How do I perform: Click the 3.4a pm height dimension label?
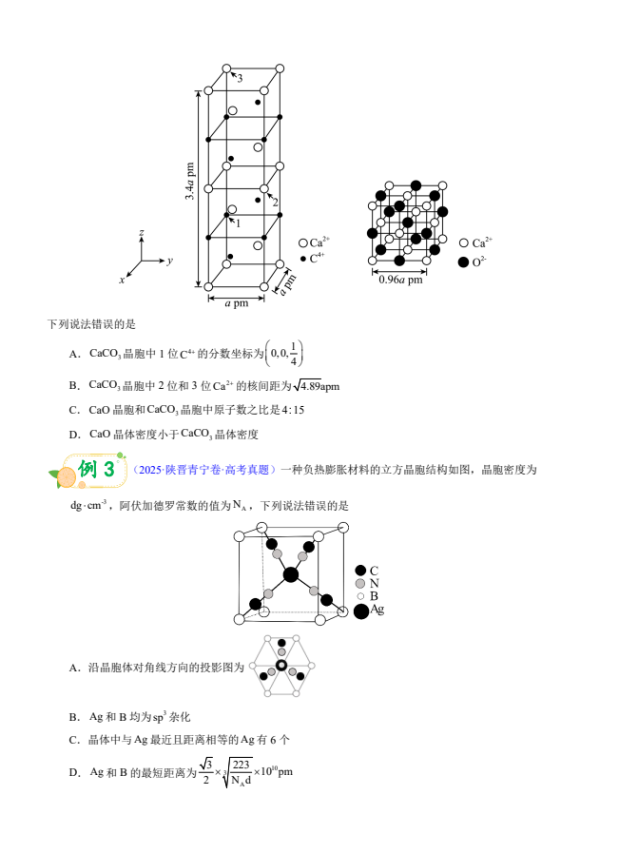pyautogui.click(x=190, y=181)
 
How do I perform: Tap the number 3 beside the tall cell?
pyautogui.click(x=240, y=78)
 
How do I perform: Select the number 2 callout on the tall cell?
pyautogui.click(x=276, y=202)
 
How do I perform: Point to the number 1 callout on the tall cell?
pyautogui.click(x=237, y=223)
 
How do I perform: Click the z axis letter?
pyautogui.click(x=141, y=232)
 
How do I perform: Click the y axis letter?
pyautogui.click(x=169, y=259)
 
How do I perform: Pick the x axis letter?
pyautogui.click(x=122, y=280)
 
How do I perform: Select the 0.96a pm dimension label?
pyautogui.click(x=400, y=280)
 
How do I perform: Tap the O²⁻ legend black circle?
pyautogui.click(x=463, y=262)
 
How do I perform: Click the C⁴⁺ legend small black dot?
pyautogui.click(x=302, y=258)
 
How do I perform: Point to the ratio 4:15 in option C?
pyautogui.click(x=292, y=410)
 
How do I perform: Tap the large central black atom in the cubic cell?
pyautogui.click(x=291, y=573)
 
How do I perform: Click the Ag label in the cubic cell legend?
pyautogui.click(x=377, y=609)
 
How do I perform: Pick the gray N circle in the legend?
pyautogui.click(x=360, y=583)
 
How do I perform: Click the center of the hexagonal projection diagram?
pyautogui.click(x=281, y=666)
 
